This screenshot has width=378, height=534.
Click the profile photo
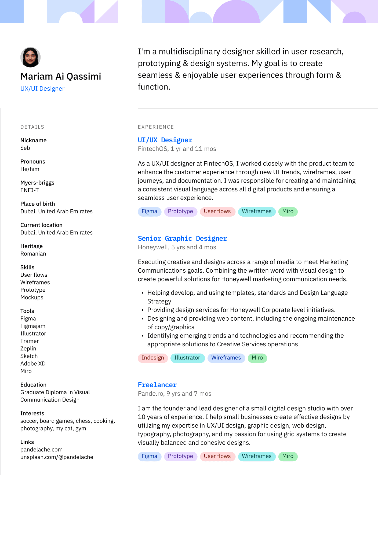pyautogui.click(x=30, y=57)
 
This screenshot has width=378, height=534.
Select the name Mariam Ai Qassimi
pyautogui.click(x=61, y=76)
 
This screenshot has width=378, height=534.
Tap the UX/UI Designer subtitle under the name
pyautogui.click(x=42, y=89)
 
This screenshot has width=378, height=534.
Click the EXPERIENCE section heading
pyautogui.click(x=156, y=127)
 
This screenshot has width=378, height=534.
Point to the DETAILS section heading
pyautogui.click(x=32, y=127)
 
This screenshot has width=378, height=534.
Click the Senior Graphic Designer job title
pyautogui.click(x=182, y=238)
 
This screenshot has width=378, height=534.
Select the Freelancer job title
pyautogui.click(x=157, y=385)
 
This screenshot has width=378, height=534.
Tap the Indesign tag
pyautogui.click(x=153, y=358)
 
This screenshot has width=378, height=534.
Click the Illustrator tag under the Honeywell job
pyautogui.click(x=187, y=358)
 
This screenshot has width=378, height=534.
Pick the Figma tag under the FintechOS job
pyautogui.click(x=149, y=212)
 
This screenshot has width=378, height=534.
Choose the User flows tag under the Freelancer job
pyautogui.click(x=217, y=456)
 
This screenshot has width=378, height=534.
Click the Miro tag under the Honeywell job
pyautogui.click(x=257, y=358)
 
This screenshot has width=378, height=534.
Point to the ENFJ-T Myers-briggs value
pyautogui.click(x=30, y=190)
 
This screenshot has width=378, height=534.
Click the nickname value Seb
pyautogui.click(x=25, y=148)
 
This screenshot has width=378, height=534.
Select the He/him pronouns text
pyautogui.click(x=30, y=169)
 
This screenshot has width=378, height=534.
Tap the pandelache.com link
pyautogui.click(x=41, y=450)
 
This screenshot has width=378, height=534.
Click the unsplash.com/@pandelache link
pyautogui.click(x=57, y=457)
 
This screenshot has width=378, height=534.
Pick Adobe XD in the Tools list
pyautogui.click(x=33, y=364)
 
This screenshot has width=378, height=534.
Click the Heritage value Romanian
pyautogui.click(x=33, y=254)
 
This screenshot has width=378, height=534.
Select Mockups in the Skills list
pyautogui.click(x=32, y=297)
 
